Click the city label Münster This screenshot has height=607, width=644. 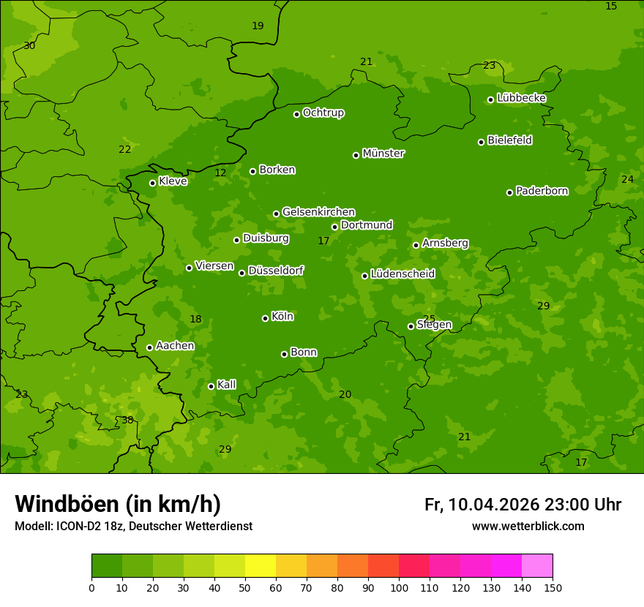(383, 154)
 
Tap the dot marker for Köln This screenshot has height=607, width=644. (265, 318)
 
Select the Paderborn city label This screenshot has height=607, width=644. (542, 191)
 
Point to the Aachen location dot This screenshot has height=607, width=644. (149, 347)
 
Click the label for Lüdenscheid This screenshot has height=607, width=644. (402, 274)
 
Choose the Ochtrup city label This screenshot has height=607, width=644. (323, 113)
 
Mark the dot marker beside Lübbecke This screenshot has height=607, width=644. (490, 99)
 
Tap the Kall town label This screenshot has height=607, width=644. (226, 385)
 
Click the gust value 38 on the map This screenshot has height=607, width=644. (127, 420)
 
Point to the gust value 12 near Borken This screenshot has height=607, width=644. (220, 173)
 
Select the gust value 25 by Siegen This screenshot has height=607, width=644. (429, 319)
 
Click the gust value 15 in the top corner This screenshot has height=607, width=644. (611, 7)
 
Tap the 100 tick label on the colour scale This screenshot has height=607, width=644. (399, 587)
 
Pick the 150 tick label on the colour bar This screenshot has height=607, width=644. (553, 587)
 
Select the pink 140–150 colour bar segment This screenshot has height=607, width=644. (537, 566)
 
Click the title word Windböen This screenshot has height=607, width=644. (67, 504)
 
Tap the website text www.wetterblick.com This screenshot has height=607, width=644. (528, 527)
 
